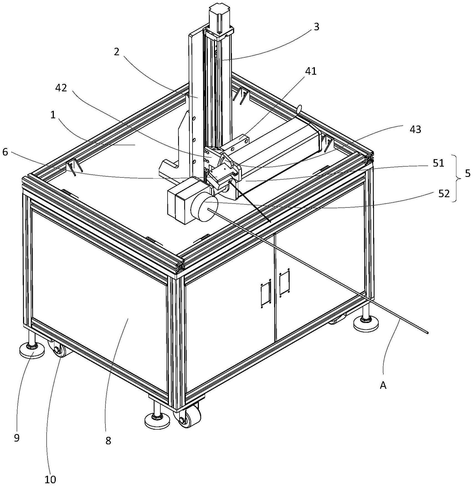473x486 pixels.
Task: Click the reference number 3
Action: tap(316, 27)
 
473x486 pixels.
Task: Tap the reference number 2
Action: tap(117, 52)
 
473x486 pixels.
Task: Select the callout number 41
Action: tap(311, 71)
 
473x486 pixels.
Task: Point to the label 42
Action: tap(61, 88)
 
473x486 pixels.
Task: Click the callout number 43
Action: tap(415, 129)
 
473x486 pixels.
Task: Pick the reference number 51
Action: tap(439, 163)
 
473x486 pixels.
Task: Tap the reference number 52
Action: tap(444, 194)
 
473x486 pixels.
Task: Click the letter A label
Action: tap(383, 385)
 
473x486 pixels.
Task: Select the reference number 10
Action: tap(50, 479)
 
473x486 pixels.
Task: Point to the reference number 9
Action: tap(17, 438)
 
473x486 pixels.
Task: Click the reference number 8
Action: tap(108, 440)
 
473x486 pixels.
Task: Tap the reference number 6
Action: tap(5, 152)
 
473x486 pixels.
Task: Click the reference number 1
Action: tap(53, 115)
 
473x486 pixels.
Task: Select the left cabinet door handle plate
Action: tap(265, 295)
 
